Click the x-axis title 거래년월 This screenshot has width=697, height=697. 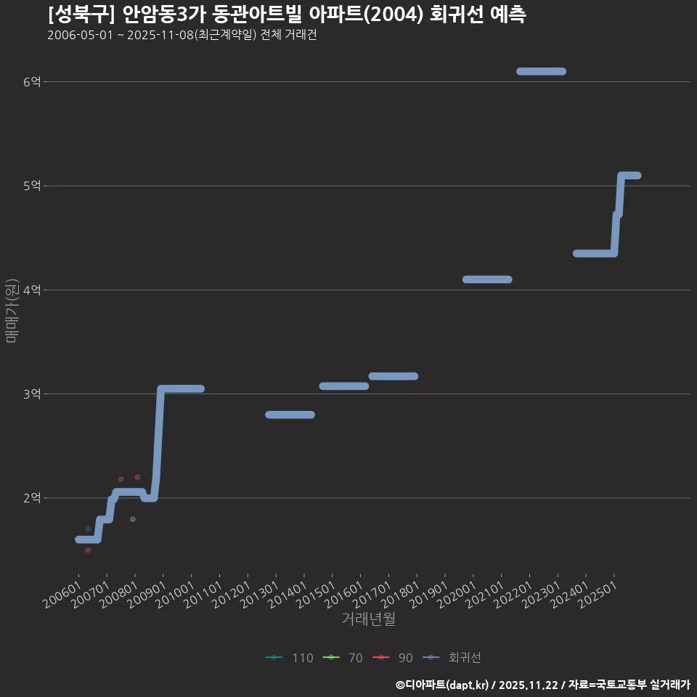tap(368, 619)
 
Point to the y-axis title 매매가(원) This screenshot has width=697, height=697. tap(11, 310)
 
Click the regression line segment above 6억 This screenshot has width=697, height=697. tap(541, 71)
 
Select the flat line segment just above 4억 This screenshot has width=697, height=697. tap(487, 280)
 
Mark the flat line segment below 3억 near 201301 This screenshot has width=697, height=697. tap(290, 415)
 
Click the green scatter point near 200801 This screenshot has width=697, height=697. tap(133, 519)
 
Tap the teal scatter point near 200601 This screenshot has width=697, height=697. tap(88, 529)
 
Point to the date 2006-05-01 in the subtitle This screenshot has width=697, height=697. tap(80, 35)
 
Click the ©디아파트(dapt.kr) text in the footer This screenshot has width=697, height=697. tap(442, 685)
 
